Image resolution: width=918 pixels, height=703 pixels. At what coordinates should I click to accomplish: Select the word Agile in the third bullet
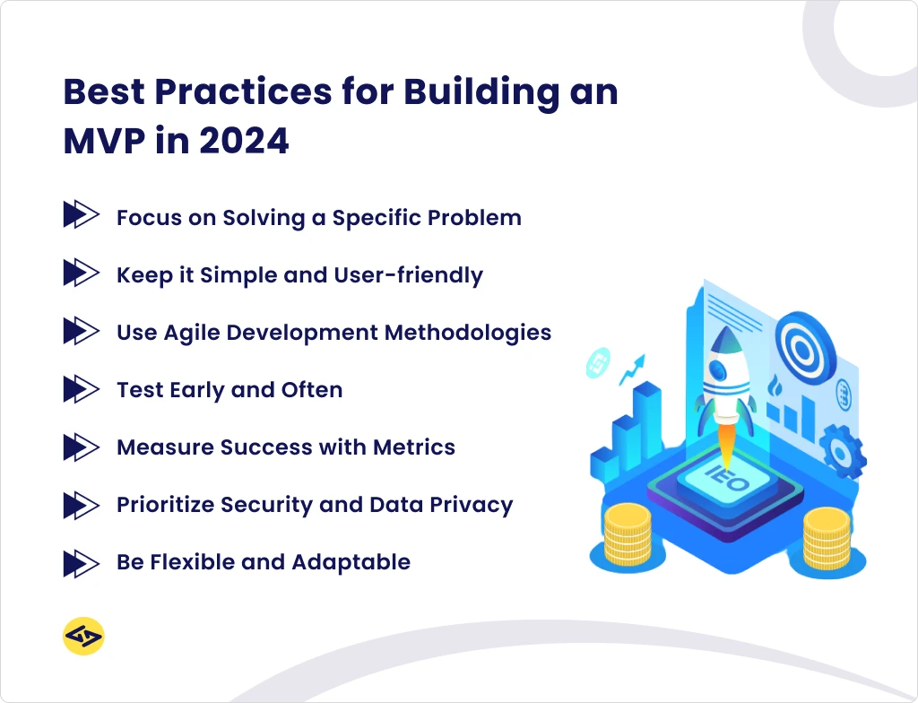pos(191,333)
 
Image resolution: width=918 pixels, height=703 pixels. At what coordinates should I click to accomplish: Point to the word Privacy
pos(471,505)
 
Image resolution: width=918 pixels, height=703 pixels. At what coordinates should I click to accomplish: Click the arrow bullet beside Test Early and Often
pos(81,390)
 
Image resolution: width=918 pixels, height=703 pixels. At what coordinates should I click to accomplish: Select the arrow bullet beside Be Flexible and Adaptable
pos(81,563)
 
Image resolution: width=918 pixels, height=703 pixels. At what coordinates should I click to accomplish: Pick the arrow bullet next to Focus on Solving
pos(81,216)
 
